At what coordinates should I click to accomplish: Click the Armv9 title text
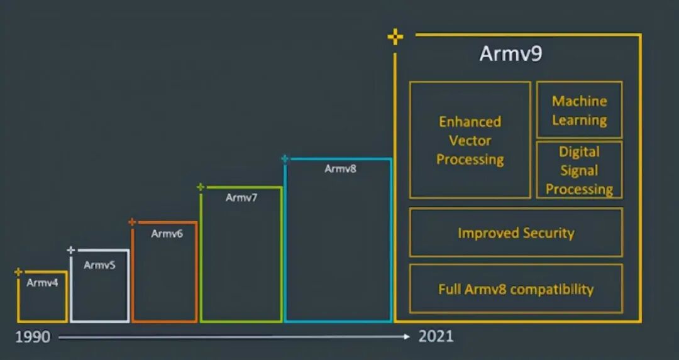(511, 54)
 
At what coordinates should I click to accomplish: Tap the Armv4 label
(42, 283)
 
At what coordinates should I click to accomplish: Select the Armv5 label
(99, 265)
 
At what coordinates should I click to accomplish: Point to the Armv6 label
(167, 234)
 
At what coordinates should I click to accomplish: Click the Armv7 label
(241, 197)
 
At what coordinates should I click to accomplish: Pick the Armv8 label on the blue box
(340, 168)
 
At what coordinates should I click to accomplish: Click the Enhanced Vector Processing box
(470, 140)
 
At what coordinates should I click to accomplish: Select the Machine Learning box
(579, 110)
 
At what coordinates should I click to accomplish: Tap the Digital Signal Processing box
(579, 170)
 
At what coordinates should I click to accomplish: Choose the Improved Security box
(516, 233)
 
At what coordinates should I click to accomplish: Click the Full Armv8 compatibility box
(516, 289)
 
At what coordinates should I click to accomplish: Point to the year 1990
(33, 337)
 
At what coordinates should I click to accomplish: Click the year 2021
(436, 337)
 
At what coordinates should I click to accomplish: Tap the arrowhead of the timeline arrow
(407, 337)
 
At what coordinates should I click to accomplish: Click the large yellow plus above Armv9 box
(395, 38)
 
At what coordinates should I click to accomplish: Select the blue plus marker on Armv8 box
(285, 159)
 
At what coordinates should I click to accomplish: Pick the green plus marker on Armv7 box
(201, 187)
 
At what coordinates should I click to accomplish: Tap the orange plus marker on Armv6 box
(132, 222)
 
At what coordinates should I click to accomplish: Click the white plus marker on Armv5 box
(71, 250)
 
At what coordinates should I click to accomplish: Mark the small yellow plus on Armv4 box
(18, 272)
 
